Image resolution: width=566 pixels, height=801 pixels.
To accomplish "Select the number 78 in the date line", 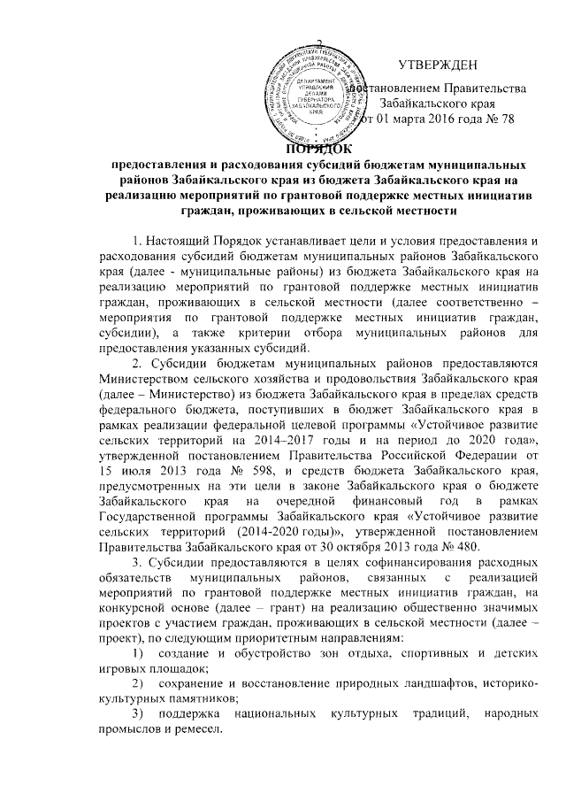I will pyautogui.click(x=506, y=121).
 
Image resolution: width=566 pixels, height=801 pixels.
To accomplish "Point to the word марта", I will pyautogui.click(x=402, y=121).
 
